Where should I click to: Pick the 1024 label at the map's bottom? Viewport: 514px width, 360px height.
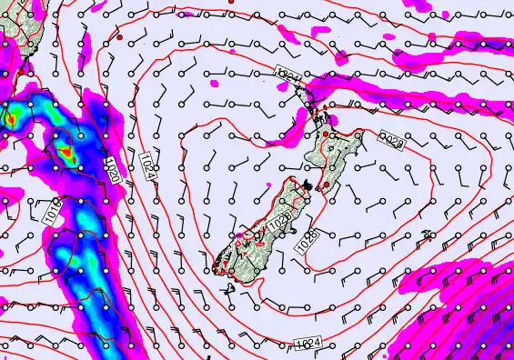click(x=308, y=343)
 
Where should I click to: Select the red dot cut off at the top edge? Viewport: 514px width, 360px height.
click(x=232, y=2)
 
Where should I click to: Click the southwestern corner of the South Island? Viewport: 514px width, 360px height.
click(x=217, y=268)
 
